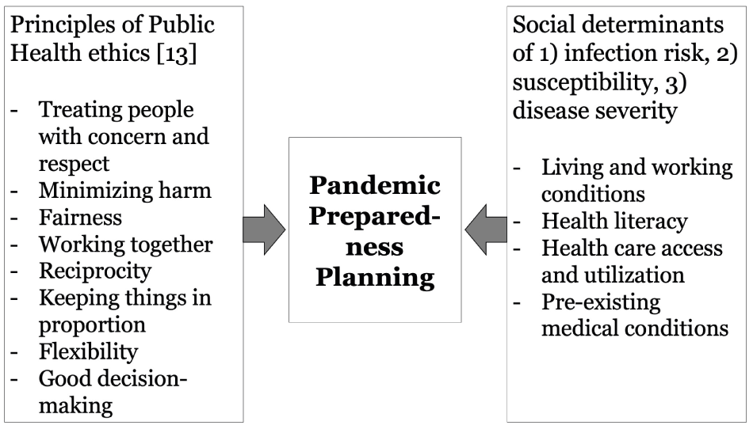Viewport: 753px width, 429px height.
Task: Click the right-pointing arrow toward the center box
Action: [264, 230]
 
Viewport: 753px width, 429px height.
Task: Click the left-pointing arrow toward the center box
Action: [486, 230]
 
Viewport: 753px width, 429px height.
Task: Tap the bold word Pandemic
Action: [375, 185]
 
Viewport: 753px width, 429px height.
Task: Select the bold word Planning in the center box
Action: [375, 278]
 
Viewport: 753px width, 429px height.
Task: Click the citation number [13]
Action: [177, 53]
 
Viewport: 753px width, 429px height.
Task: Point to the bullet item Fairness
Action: [80, 218]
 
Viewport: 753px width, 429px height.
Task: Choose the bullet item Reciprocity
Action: [95, 271]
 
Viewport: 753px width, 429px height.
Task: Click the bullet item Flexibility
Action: [88, 352]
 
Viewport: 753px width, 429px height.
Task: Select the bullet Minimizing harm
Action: [125, 190]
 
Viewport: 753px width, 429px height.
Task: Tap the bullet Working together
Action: [126, 245]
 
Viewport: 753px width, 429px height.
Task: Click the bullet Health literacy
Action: [615, 222]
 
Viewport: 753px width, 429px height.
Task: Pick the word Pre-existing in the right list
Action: [602, 302]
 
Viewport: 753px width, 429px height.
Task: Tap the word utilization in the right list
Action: [637, 275]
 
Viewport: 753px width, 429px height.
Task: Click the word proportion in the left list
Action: [92, 326]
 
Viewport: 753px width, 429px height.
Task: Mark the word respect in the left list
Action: [74, 165]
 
